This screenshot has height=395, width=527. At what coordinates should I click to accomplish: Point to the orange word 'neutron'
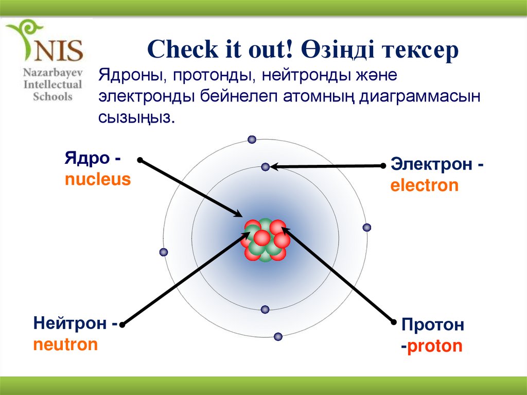click(x=65, y=344)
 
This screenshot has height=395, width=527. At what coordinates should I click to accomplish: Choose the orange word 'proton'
click(x=434, y=346)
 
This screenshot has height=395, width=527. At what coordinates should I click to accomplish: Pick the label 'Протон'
click(x=433, y=325)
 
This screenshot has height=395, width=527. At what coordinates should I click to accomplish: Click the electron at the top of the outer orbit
click(x=252, y=140)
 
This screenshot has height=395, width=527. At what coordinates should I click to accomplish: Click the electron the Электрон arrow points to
click(x=265, y=167)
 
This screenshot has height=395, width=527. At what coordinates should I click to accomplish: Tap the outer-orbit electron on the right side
click(x=367, y=228)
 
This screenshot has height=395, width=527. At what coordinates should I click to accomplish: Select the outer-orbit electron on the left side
click(x=164, y=252)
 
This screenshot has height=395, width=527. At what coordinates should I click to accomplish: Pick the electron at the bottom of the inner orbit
click(x=265, y=310)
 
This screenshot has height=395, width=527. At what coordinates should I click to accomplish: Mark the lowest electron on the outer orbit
click(x=278, y=336)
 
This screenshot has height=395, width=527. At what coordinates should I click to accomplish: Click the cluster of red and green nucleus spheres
click(x=265, y=239)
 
